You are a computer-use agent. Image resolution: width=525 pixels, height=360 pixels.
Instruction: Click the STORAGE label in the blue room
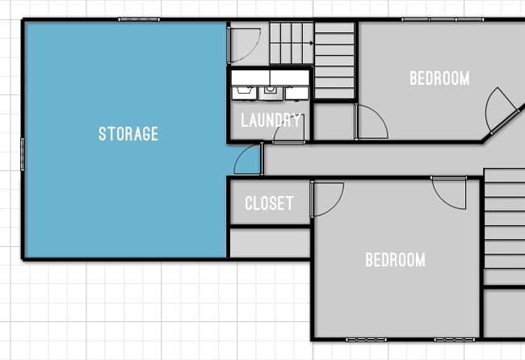pyautogui.click(x=128, y=134)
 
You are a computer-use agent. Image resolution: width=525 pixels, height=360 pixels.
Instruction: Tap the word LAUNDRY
pyautogui.click(x=271, y=121)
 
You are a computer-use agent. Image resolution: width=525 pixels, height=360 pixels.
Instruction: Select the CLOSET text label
pyautogui.click(x=269, y=203)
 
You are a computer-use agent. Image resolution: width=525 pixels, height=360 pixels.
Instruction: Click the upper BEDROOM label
pyautogui.click(x=439, y=78)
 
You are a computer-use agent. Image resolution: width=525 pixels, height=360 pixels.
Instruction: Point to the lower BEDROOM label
pyautogui.click(x=395, y=260)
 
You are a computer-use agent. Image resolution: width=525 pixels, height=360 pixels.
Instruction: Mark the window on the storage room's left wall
pyautogui.click(x=22, y=154)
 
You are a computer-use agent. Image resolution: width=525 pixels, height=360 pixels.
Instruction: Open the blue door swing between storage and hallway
pyautogui.click(x=249, y=160)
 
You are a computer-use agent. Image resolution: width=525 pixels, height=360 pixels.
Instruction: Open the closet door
pyautogui.click(x=326, y=199)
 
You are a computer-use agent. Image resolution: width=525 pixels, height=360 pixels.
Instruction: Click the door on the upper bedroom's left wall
pyautogui.click(x=370, y=123)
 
